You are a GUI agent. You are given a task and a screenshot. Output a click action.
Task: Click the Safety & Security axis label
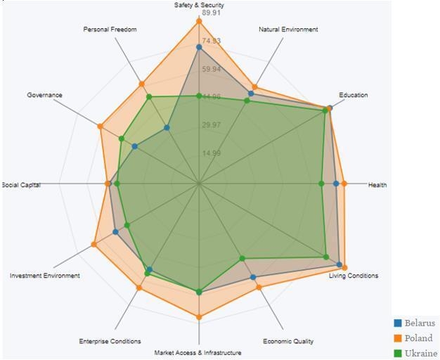[x=199, y=5]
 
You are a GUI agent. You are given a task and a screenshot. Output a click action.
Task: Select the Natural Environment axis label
[x=288, y=30]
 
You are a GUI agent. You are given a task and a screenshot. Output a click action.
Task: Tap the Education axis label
[x=353, y=95]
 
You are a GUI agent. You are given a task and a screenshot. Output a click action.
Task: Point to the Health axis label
[x=377, y=185]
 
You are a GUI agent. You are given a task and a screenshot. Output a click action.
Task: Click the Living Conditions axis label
[x=354, y=276]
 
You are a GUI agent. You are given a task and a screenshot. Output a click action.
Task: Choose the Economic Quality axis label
[x=288, y=342]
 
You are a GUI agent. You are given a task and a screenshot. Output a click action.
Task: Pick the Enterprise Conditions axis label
[x=110, y=342]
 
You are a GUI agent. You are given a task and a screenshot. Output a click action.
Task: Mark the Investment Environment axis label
[x=44, y=276]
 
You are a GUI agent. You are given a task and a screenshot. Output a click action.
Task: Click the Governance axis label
[x=45, y=95]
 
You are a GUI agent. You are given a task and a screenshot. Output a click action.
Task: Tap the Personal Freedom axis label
[x=110, y=30]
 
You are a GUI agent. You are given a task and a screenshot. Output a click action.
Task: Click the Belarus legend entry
[x=419, y=323]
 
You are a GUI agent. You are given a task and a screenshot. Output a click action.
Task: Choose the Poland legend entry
[x=418, y=338]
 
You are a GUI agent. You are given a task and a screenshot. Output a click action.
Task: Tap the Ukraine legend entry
[x=420, y=353]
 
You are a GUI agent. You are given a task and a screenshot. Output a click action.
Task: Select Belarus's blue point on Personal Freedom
[x=167, y=127]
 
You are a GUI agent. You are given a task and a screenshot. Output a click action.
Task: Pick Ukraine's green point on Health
[x=321, y=184]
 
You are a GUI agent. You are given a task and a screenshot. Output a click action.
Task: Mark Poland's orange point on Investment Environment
[x=93, y=244]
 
